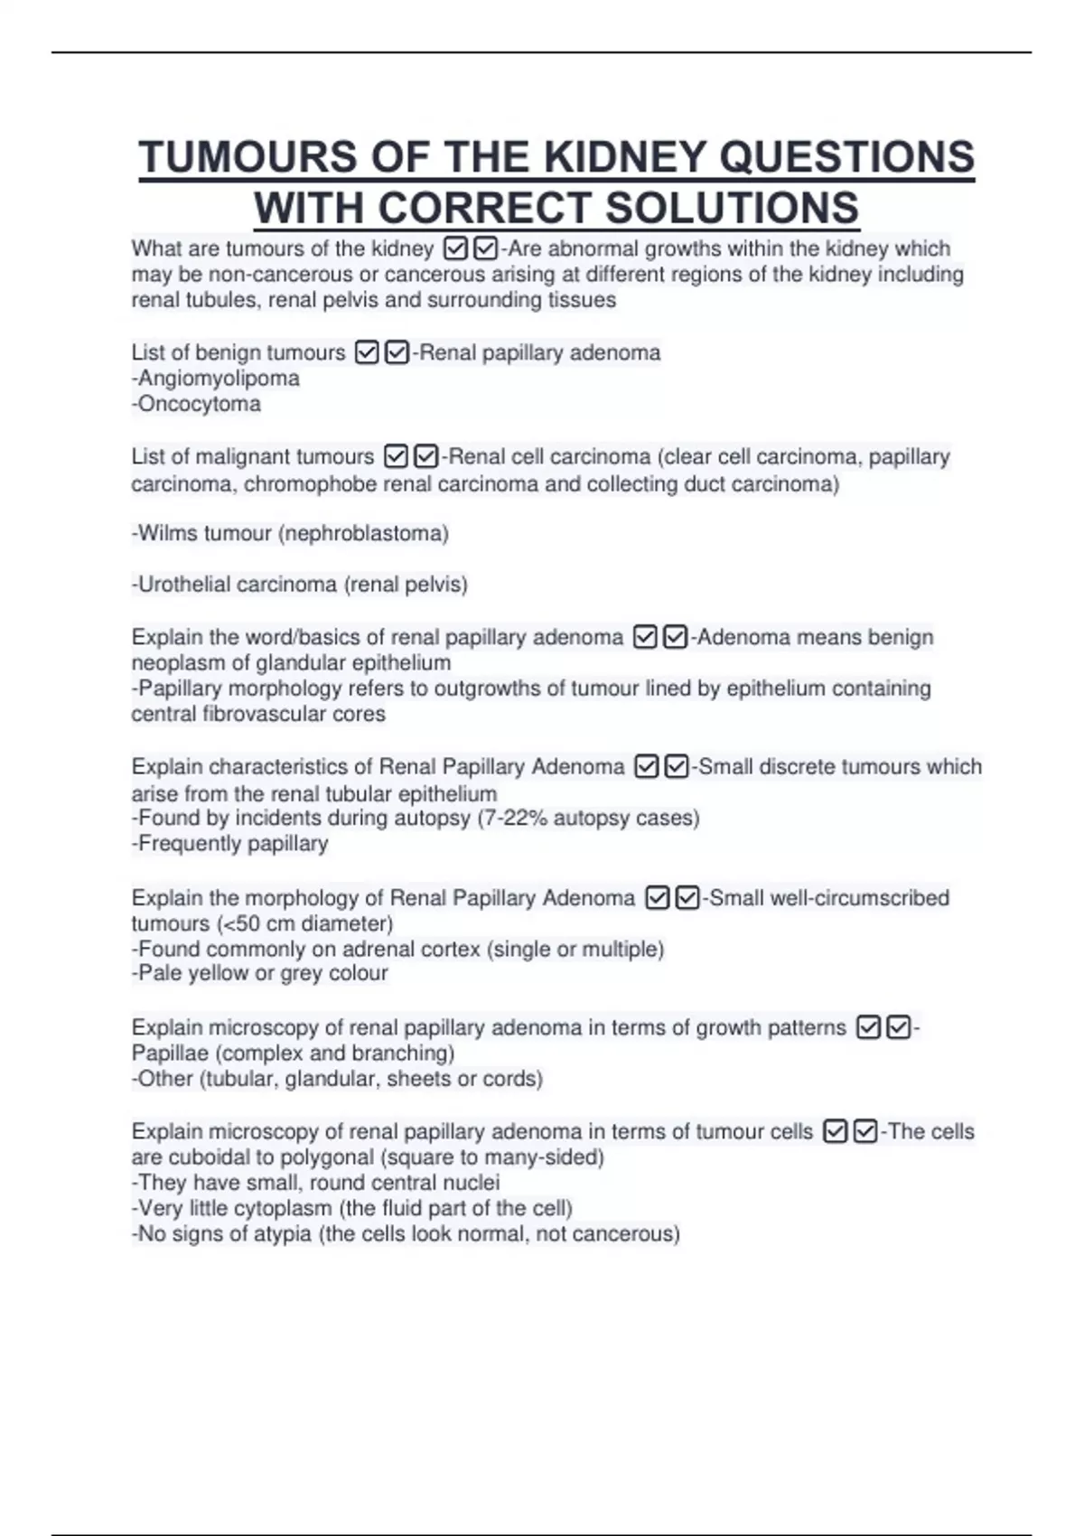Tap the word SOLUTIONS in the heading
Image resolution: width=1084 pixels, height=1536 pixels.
point(732,208)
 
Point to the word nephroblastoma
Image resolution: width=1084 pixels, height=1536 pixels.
point(364,534)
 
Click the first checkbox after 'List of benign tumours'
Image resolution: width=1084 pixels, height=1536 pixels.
point(367,352)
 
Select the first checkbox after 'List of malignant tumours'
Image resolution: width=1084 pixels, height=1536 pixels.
point(396,457)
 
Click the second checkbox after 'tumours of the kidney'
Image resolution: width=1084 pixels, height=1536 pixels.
point(485,248)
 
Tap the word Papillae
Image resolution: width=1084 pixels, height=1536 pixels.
point(171,1054)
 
